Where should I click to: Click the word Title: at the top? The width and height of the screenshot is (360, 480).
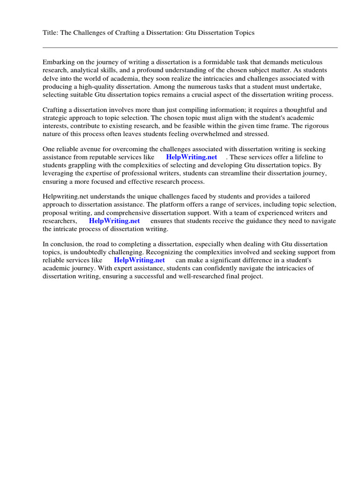(50, 32)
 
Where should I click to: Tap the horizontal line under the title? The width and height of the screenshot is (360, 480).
(190, 47)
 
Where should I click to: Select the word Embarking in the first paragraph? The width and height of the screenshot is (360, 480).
(59, 62)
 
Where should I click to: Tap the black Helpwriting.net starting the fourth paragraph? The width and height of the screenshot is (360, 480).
(66, 196)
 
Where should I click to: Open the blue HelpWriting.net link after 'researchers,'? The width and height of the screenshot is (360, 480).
(114, 221)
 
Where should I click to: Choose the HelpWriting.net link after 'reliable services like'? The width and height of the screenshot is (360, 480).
(139, 260)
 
